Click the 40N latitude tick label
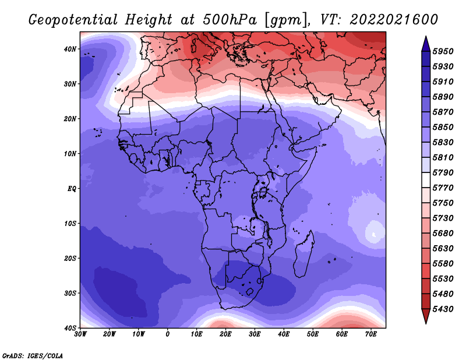[70, 49]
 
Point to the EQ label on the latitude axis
[72, 189]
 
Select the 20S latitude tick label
[70, 258]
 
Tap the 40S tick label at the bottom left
[70, 328]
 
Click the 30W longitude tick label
[80, 334]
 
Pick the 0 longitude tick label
[168, 334]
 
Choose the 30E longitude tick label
[255, 334]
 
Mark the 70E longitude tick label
[371, 334]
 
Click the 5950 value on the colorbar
[443, 51]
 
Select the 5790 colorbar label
[443, 172]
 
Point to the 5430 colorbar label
[443, 309]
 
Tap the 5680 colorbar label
[443, 234]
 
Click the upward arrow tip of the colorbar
[426, 36]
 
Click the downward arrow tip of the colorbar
[426, 324]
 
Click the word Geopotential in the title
[73, 20]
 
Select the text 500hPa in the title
[230, 20]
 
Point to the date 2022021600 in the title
[394, 20]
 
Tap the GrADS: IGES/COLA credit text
[33, 355]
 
